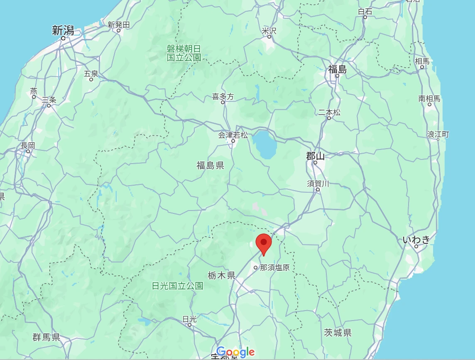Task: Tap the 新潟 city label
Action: [x=63, y=30]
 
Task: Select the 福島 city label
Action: [x=337, y=69]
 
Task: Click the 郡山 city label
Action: [x=315, y=156]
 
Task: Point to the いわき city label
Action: [x=416, y=240]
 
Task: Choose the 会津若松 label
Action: [x=233, y=135]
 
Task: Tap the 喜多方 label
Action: [x=223, y=96]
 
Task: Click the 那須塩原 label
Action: [x=274, y=267]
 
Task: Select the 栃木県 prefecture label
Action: [x=221, y=275]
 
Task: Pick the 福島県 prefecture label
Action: [x=211, y=166]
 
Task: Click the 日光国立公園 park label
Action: [x=177, y=286]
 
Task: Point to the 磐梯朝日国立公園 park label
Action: [x=184, y=53]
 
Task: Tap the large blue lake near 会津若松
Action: [x=265, y=144]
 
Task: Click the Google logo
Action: [x=235, y=352]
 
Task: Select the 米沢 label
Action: [x=269, y=31]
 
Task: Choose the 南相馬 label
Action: [x=429, y=98]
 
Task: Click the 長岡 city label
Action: [x=28, y=145]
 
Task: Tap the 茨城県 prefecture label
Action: [x=338, y=332]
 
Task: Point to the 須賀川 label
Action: [x=318, y=184]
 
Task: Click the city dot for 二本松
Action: [x=329, y=118]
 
